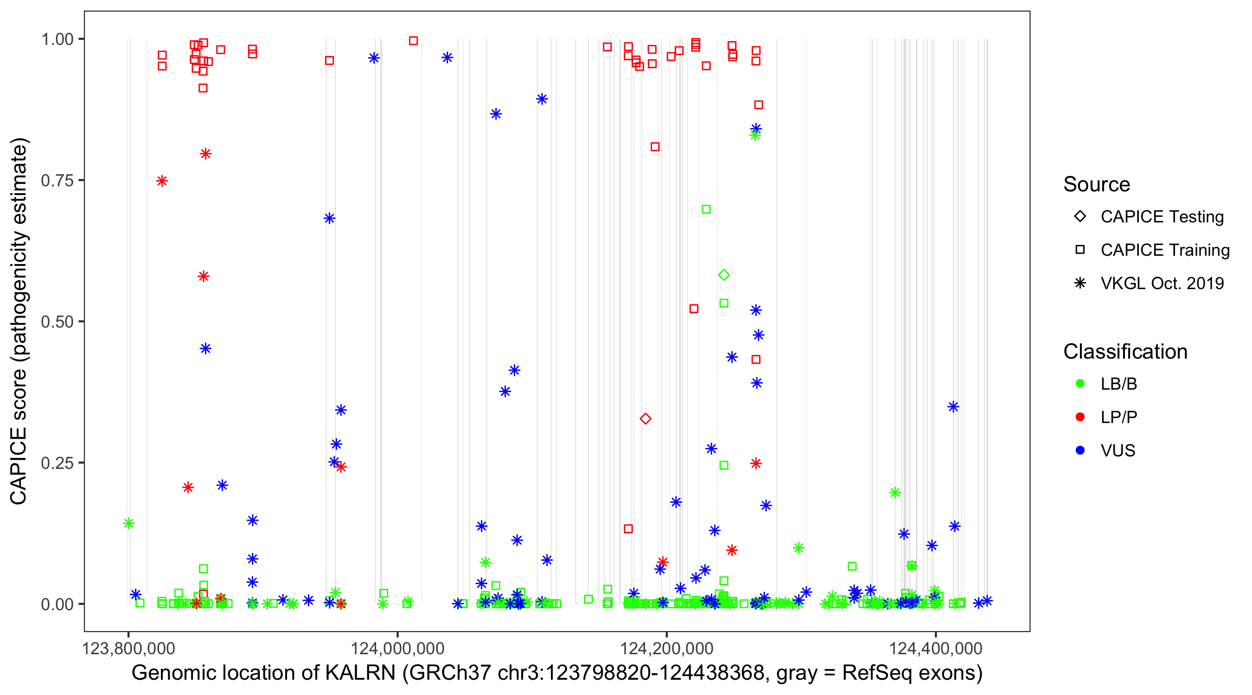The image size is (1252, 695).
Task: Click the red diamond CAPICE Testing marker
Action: coord(645,419)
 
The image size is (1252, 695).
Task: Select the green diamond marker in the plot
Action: coord(724,275)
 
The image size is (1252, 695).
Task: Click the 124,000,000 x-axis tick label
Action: coord(397,648)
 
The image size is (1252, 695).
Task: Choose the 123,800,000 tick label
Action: coord(128,648)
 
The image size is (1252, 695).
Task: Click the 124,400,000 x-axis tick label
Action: coord(936,648)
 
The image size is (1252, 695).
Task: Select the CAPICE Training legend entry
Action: coord(1164,250)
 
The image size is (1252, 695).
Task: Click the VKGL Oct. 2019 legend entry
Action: coord(1162,283)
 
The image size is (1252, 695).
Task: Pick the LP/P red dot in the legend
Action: coord(1080,417)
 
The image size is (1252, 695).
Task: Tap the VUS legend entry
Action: coord(1118,451)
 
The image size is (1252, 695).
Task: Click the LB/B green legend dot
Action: coord(1080,384)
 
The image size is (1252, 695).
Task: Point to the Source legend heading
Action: coord(1097,184)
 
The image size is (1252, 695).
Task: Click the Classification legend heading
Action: coord(1125,352)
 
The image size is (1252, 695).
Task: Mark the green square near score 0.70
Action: coord(706,209)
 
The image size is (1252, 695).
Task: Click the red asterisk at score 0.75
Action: coord(162,181)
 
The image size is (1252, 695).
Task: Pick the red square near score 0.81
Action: coord(655,147)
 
